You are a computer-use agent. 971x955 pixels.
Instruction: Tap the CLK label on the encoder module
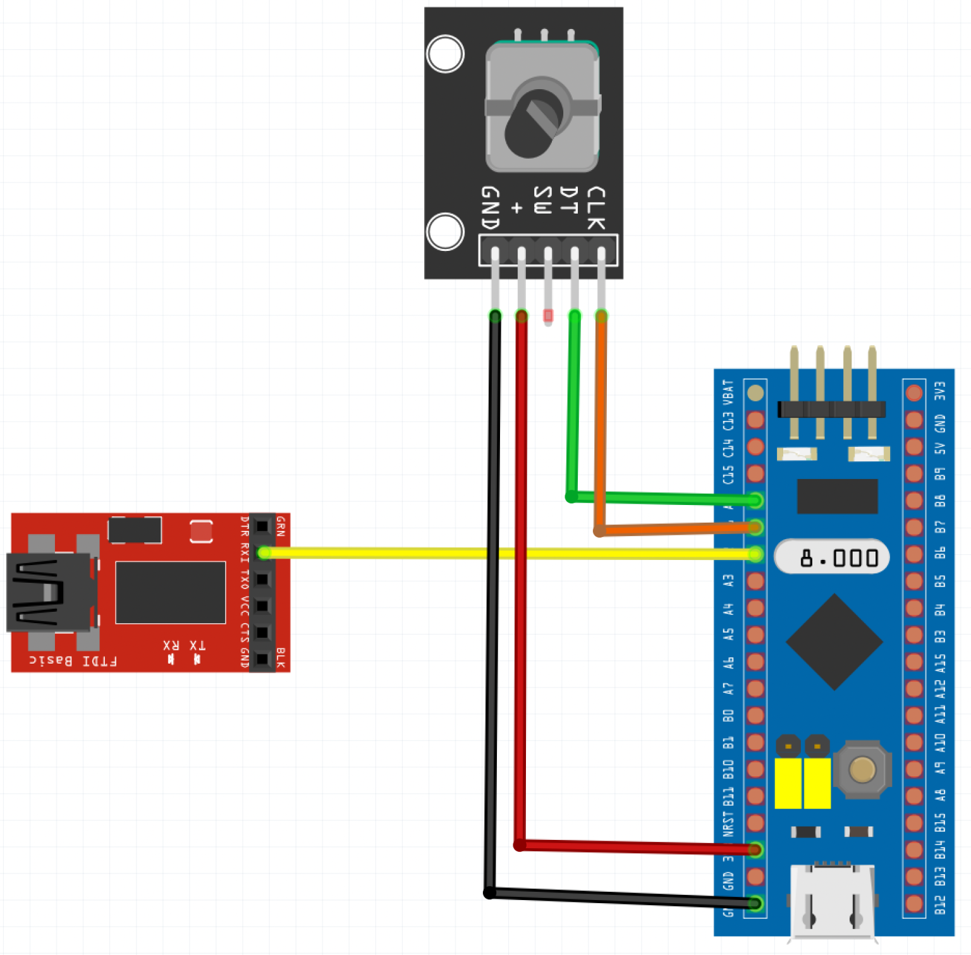click(595, 208)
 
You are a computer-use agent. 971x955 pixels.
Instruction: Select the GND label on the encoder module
click(491, 208)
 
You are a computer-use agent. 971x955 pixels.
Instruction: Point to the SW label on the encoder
click(542, 200)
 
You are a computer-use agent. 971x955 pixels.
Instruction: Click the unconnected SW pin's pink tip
click(548, 315)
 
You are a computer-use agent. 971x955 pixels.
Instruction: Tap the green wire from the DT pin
click(573, 411)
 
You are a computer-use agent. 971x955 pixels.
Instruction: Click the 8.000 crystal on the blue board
click(832, 557)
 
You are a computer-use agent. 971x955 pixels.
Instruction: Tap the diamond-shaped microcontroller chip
click(834, 642)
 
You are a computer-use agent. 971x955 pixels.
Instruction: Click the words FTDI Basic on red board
click(73, 661)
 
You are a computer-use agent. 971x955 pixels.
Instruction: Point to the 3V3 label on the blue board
click(940, 391)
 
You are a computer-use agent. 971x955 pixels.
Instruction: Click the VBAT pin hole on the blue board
click(755, 393)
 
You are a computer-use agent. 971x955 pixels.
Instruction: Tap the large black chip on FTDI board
click(170, 592)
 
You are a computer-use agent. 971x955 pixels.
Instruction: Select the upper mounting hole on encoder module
click(445, 54)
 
